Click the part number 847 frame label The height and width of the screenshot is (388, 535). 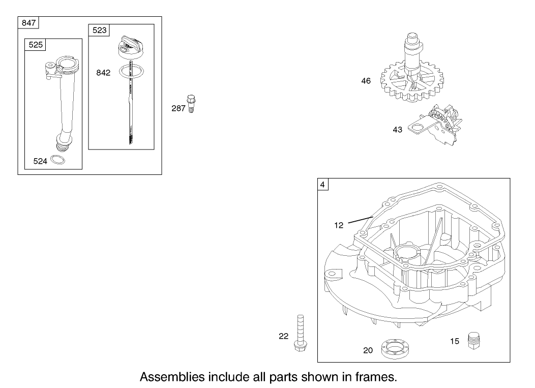point(28,23)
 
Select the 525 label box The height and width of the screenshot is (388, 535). point(36,45)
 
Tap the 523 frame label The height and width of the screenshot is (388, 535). point(99,30)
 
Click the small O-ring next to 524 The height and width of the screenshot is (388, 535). point(57,159)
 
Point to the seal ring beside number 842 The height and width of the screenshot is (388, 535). point(131,71)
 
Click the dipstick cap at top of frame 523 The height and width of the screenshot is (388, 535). point(130,46)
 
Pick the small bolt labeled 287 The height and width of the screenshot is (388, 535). point(191,104)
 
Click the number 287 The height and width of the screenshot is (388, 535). point(178,108)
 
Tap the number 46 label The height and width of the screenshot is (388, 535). point(366,81)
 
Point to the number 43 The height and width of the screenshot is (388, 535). point(398,130)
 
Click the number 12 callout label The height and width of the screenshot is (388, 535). point(339,225)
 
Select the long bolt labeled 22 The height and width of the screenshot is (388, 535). point(300,333)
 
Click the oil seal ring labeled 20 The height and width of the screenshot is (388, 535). point(395,349)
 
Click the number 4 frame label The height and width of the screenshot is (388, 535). point(323,185)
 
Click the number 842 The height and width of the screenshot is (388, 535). point(103,73)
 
